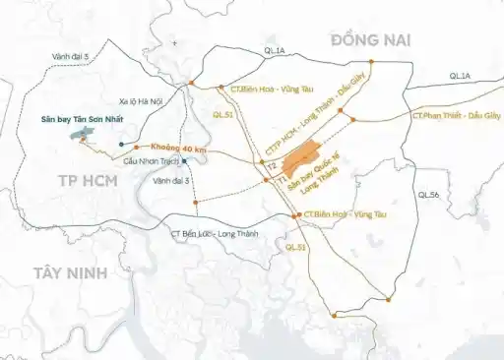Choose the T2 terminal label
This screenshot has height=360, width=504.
point(271,167)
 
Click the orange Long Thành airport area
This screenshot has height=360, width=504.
point(299,159)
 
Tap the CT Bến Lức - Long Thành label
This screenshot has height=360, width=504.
point(212,233)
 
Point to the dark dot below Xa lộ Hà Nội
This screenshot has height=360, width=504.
point(121,145)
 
